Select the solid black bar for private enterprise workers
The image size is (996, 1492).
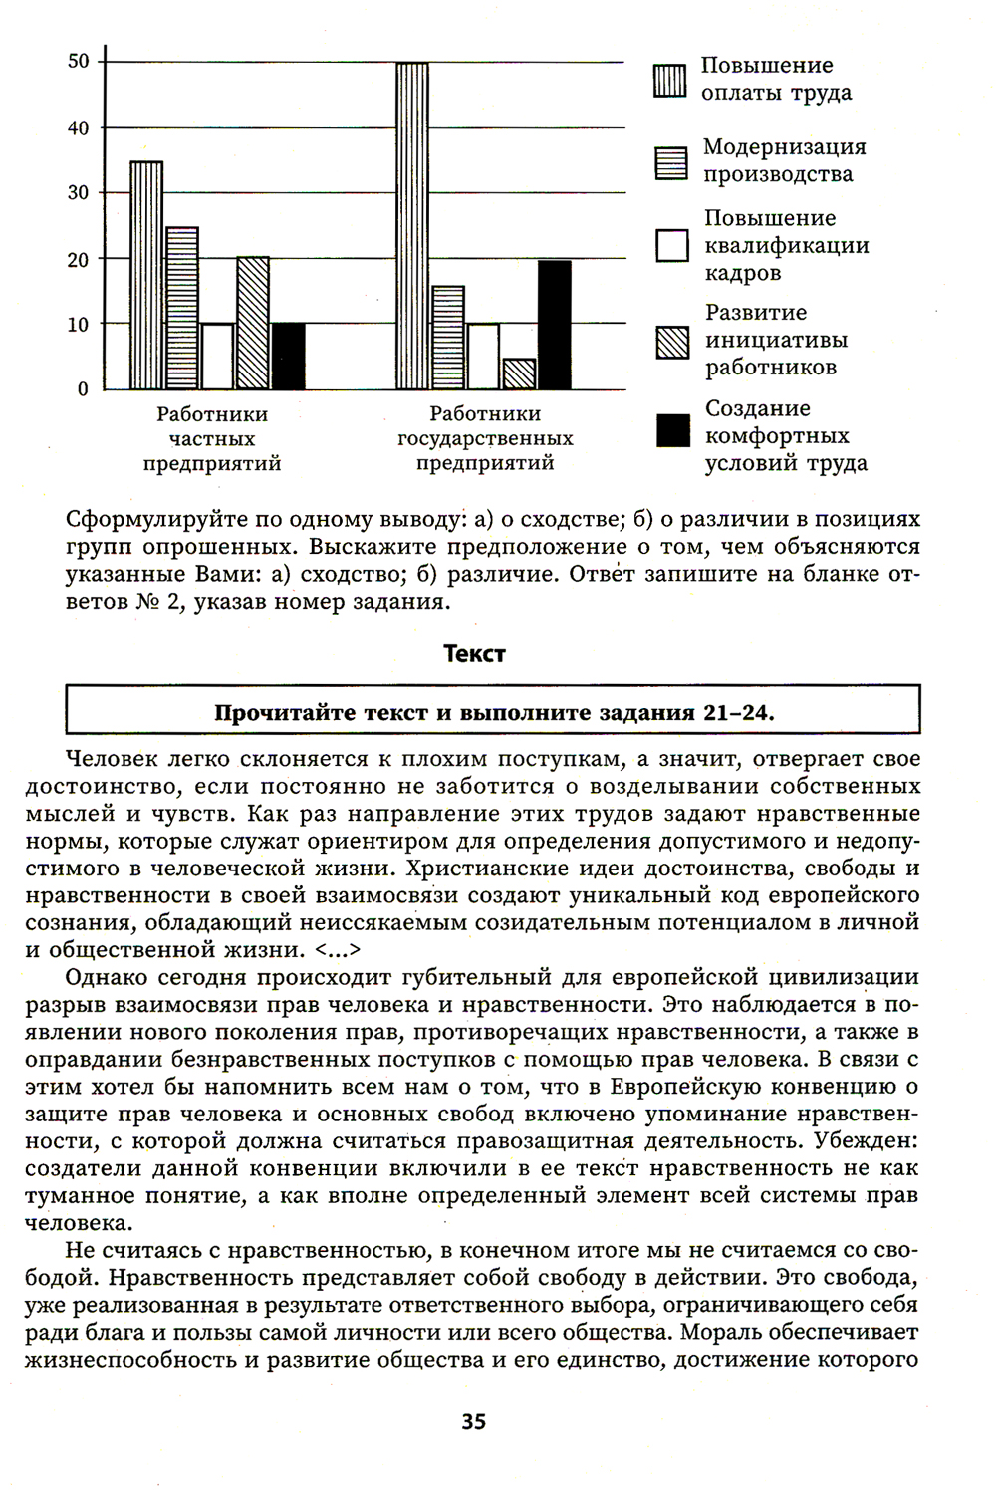tap(289, 357)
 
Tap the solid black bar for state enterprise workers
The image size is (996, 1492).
tap(555, 325)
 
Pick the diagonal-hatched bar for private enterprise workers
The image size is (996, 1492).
tap(253, 324)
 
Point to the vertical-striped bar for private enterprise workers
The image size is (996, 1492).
tap(146, 276)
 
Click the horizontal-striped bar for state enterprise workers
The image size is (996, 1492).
tap(448, 338)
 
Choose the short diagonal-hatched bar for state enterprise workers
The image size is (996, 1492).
tap(520, 373)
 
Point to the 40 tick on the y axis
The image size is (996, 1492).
tap(79, 127)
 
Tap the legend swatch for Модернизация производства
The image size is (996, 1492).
tap(672, 162)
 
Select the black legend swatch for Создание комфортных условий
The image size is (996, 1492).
tap(672, 432)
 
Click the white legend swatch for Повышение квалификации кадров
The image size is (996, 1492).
tap(672, 245)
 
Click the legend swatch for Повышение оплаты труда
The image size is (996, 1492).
tap(671, 80)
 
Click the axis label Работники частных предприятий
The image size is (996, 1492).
tap(212, 439)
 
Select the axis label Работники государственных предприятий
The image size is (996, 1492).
tap(485, 439)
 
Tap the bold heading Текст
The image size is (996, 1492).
tap(474, 654)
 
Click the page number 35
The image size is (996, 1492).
tap(474, 1422)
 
